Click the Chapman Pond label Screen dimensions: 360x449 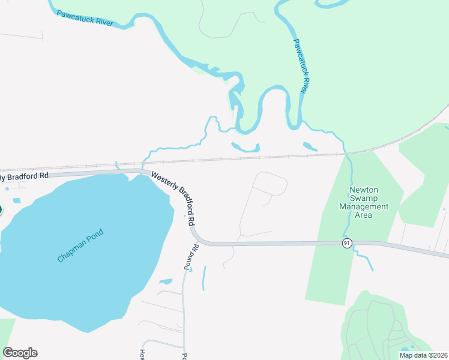coord(80,245)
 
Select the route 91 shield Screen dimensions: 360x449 coord(347,243)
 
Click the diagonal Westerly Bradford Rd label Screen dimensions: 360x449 coord(174,199)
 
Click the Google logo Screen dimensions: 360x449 coord(20,353)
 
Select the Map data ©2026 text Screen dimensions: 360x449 coord(423,355)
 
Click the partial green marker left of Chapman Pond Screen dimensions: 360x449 coord(1,210)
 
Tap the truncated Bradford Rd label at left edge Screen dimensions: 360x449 coord(24,177)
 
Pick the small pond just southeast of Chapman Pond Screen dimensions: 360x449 coord(166,281)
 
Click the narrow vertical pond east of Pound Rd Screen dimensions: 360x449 coord(203,278)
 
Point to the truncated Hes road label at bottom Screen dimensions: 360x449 coord(142,354)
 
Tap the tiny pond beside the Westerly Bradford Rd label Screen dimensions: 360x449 coord(184,216)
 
